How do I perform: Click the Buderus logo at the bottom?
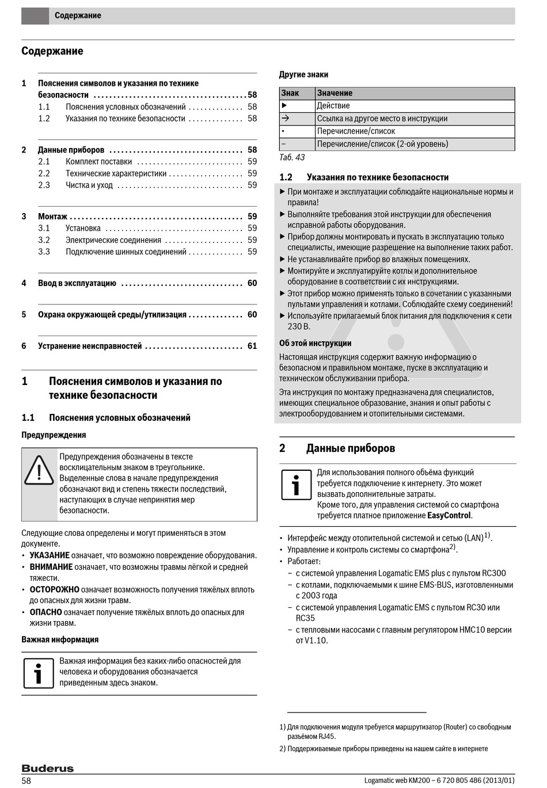click(x=48, y=768)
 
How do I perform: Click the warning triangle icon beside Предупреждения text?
click(x=39, y=470)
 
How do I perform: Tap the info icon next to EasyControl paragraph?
click(x=296, y=485)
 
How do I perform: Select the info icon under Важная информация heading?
click(x=39, y=673)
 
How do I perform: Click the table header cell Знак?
click(x=290, y=93)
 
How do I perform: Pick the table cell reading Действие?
click(x=333, y=106)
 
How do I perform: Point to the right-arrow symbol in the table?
click(x=285, y=118)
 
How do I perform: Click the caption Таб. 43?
click(x=292, y=157)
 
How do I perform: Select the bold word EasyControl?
click(x=449, y=516)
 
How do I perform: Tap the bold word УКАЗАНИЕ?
click(x=50, y=555)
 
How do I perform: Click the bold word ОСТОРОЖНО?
click(x=54, y=589)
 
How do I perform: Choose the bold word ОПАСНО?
click(x=45, y=612)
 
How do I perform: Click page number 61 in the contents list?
click(x=252, y=346)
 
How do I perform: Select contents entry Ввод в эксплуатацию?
click(x=77, y=283)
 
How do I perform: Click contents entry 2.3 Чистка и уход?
click(x=89, y=185)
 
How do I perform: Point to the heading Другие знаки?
click(x=303, y=74)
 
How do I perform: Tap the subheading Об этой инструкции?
click(x=315, y=343)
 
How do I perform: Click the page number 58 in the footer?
click(x=26, y=781)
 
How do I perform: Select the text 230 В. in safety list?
click(x=299, y=326)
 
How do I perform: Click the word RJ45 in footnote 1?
click(x=326, y=736)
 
